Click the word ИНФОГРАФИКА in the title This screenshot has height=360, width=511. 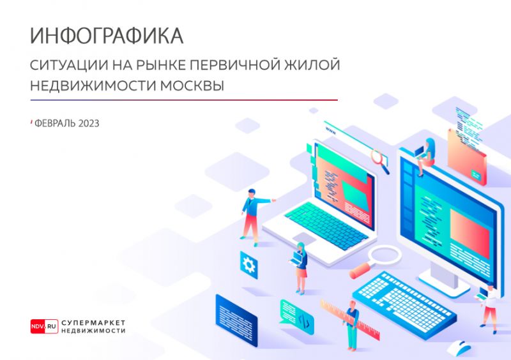click(107, 36)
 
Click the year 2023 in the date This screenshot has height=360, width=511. click(89, 124)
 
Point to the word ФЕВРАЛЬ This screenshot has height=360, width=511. click(56, 124)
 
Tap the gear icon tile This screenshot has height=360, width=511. click(248, 262)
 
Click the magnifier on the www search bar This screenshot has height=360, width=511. click(381, 158)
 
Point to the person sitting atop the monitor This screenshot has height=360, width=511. click(426, 154)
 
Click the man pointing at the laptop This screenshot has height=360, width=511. click(252, 214)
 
